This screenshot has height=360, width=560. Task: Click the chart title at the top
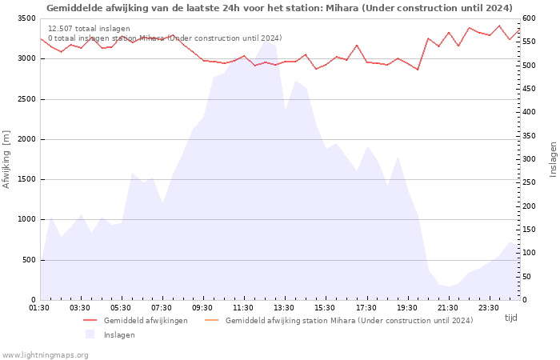279,8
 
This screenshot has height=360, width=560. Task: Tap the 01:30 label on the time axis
39,307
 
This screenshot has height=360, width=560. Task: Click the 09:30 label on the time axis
202,307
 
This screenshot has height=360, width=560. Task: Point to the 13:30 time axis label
284,307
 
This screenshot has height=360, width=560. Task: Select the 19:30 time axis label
406,307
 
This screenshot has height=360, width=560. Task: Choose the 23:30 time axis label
488,307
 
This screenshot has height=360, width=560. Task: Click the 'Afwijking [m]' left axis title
7,159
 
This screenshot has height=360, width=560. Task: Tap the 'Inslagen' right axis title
553,159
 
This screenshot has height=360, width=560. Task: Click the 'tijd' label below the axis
510,318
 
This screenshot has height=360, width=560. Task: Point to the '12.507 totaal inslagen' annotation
89,29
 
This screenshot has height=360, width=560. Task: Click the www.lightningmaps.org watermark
46,355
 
